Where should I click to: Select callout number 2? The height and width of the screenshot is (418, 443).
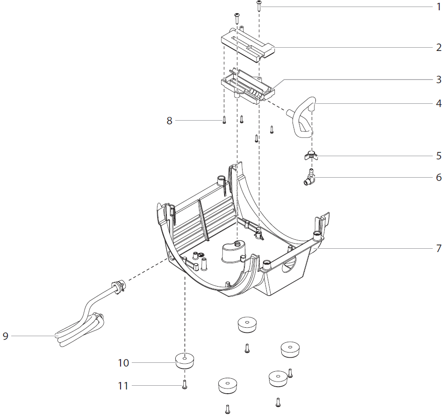click(438, 47)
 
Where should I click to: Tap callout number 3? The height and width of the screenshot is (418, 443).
click(438, 79)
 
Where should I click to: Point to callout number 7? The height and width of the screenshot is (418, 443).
click(438, 248)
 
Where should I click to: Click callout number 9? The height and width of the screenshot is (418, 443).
click(6, 336)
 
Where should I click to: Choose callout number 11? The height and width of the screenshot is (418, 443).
click(123, 386)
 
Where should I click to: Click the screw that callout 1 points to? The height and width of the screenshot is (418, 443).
click(259, 6)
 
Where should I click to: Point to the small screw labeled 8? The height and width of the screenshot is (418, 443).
click(224, 120)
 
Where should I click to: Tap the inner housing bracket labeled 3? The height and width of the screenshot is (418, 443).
click(245, 84)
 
